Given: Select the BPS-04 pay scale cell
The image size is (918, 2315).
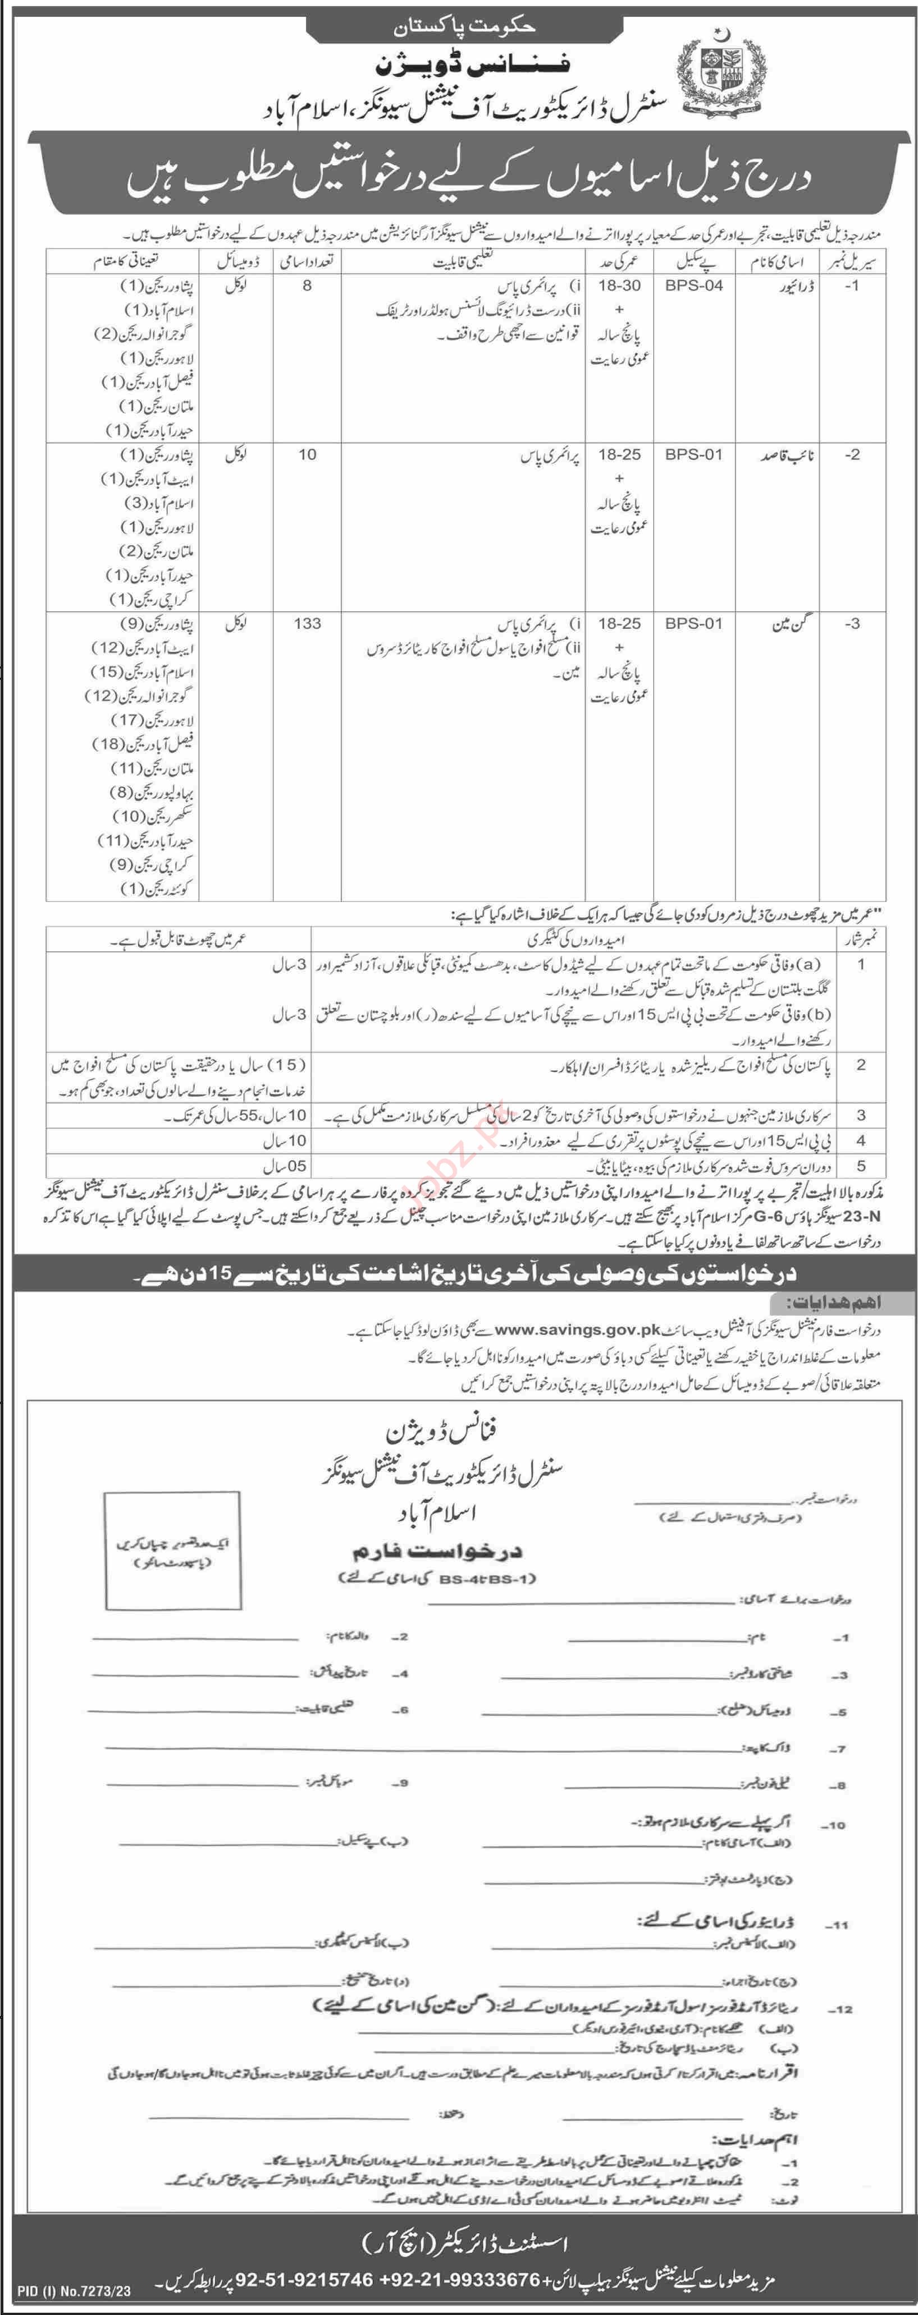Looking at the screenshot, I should point(694,286).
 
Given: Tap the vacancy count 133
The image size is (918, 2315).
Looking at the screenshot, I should point(307,623).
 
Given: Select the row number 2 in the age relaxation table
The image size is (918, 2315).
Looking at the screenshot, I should point(861,1065).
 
